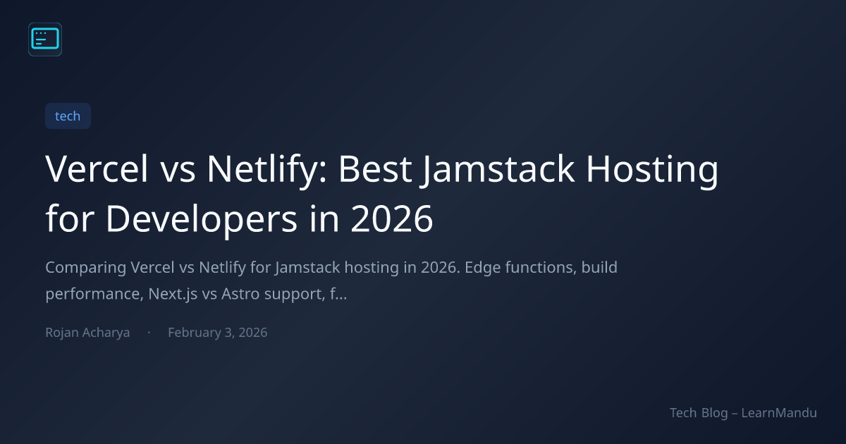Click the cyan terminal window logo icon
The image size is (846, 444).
tap(45, 39)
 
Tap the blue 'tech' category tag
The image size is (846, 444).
tap(68, 116)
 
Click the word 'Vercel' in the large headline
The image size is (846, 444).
tap(97, 168)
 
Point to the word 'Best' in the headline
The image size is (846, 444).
tap(375, 168)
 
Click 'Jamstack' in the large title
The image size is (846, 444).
tap(498, 171)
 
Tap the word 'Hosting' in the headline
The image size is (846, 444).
tap(652, 171)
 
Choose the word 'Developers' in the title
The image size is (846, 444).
tap(202, 220)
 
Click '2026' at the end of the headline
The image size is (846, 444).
tap(392, 219)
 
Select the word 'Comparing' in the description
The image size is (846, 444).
tap(86, 269)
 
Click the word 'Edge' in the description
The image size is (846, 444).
tap(479, 269)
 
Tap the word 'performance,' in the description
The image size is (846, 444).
tap(94, 295)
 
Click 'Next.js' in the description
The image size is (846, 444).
tap(173, 295)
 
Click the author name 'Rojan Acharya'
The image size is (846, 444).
tap(87, 333)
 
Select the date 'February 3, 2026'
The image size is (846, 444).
tap(218, 333)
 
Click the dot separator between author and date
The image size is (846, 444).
tap(149, 332)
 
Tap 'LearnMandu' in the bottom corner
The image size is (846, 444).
tap(779, 413)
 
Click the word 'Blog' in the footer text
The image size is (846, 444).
tap(715, 414)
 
